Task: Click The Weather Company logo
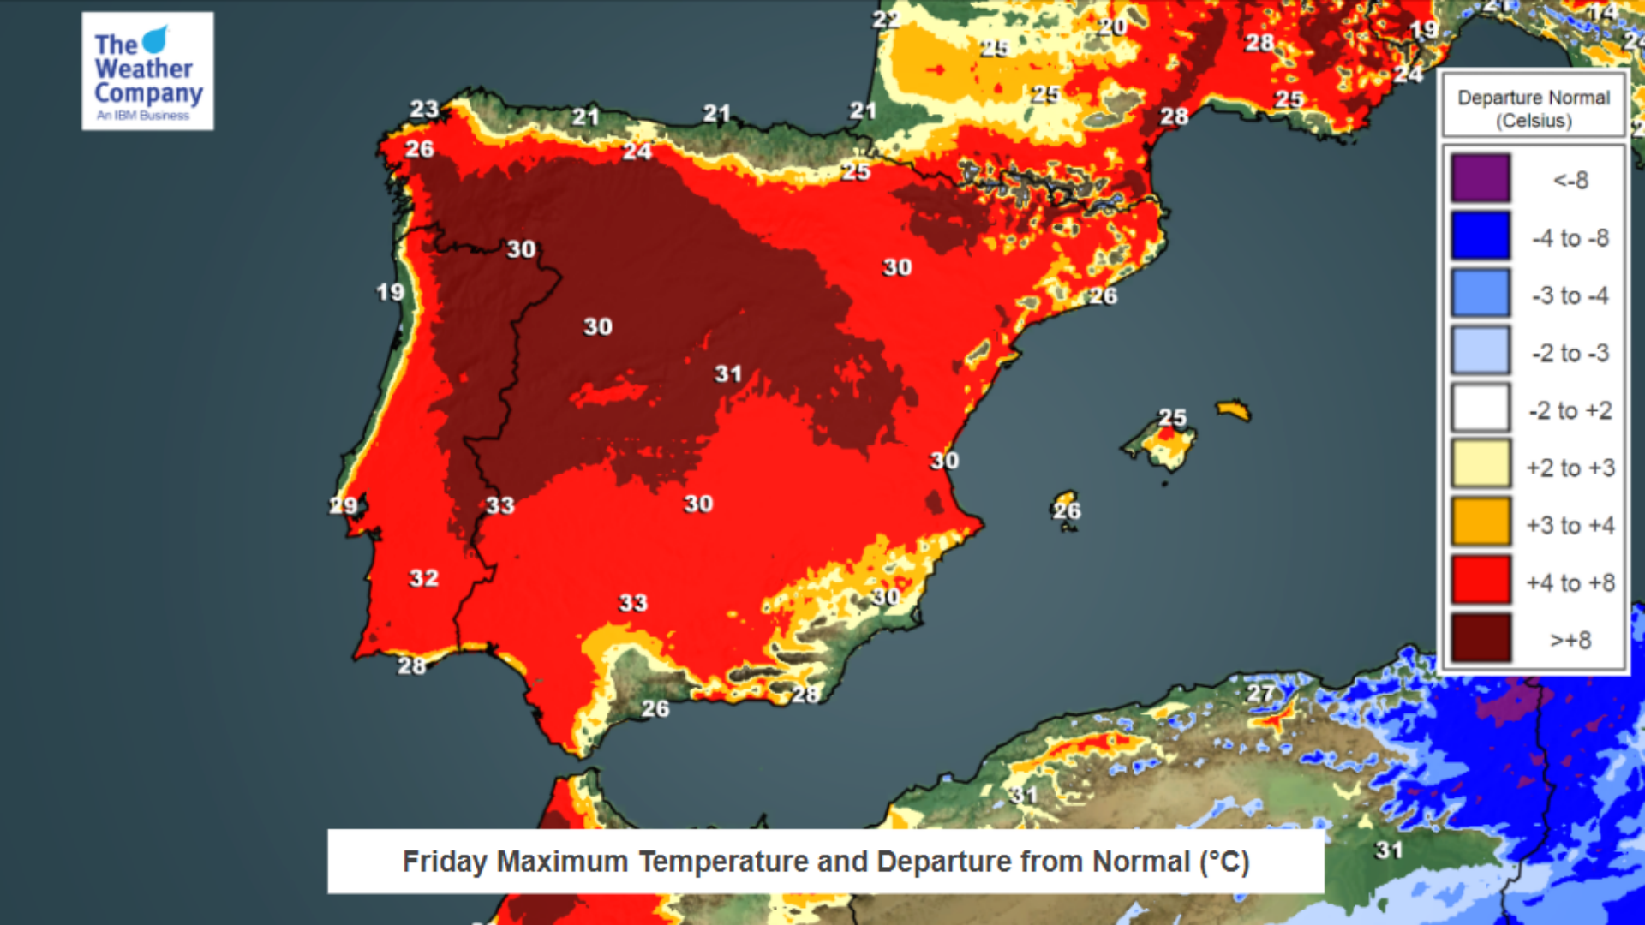pyautogui.click(x=147, y=71)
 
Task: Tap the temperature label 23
pyautogui.click(x=424, y=110)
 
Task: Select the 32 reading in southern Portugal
pyautogui.click(x=424, y=578)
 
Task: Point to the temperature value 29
pyautogui.click(x=344, y=505)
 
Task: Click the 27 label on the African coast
pyautogui.click(x=1260, y=693)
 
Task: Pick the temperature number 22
pyautogui.click(x=886, y=19)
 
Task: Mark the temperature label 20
pyautogui.click(x=1112, y=27)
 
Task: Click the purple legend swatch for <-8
pyautogui.click(x=1480, y=178)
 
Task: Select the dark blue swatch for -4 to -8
pyautogui.click(x=1480, y=236)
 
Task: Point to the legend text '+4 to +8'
pyautogui.click(x=1570, y=583)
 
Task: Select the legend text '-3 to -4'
pyautogui.click(x=1570, y=296)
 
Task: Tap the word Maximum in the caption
pyautogui.click(x=562, y=862)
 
